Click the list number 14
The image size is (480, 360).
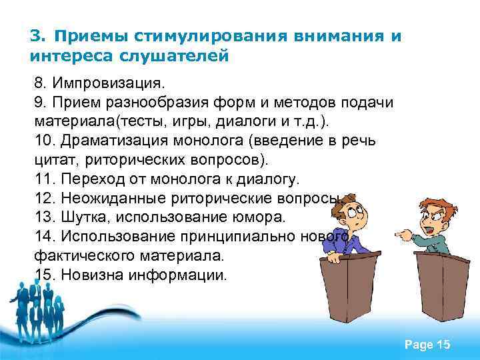[45, 237]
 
